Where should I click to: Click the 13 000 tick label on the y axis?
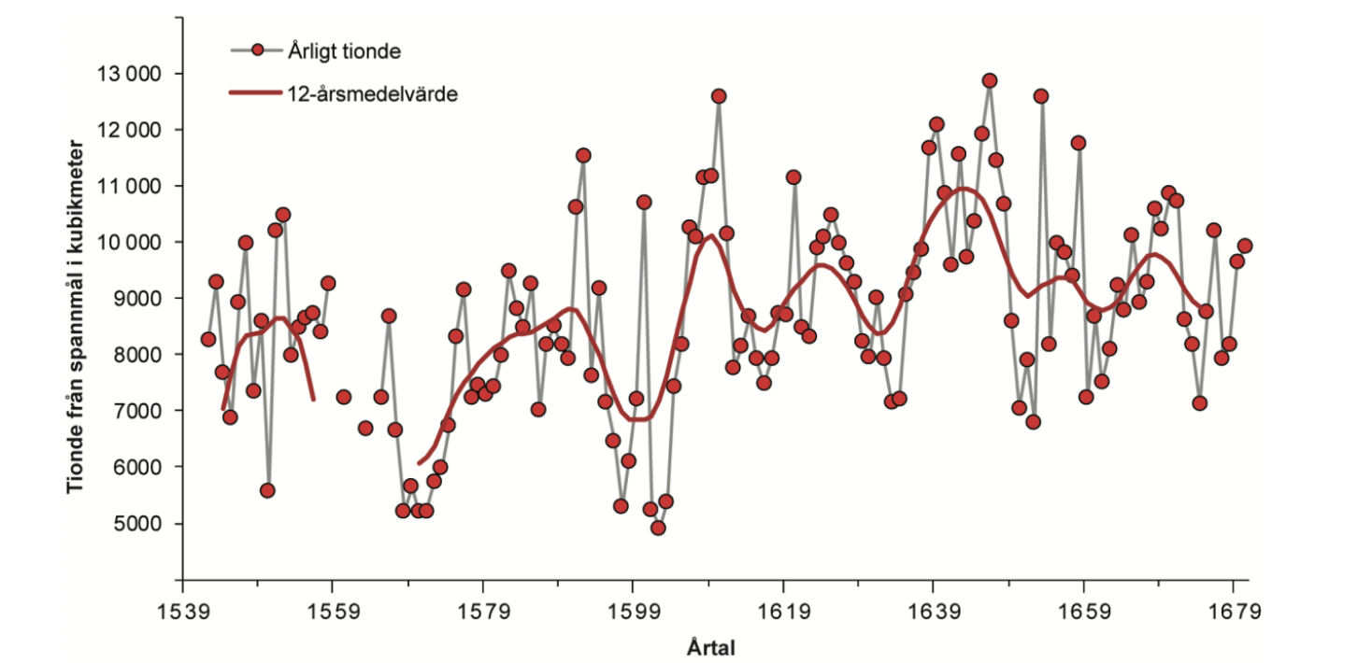point(130,74)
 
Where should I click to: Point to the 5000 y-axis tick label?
point(138,523)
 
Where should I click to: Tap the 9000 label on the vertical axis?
point(138,299)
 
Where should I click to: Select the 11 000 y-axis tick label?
point(130,186)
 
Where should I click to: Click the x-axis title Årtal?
point(710,647)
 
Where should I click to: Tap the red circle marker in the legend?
point(257,50)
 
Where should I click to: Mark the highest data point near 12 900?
point(990,80)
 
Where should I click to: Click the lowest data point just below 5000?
point(658,528)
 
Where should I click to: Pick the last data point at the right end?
point(1244,246)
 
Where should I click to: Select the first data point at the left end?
point(207,339)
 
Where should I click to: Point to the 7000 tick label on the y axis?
point(138,411)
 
